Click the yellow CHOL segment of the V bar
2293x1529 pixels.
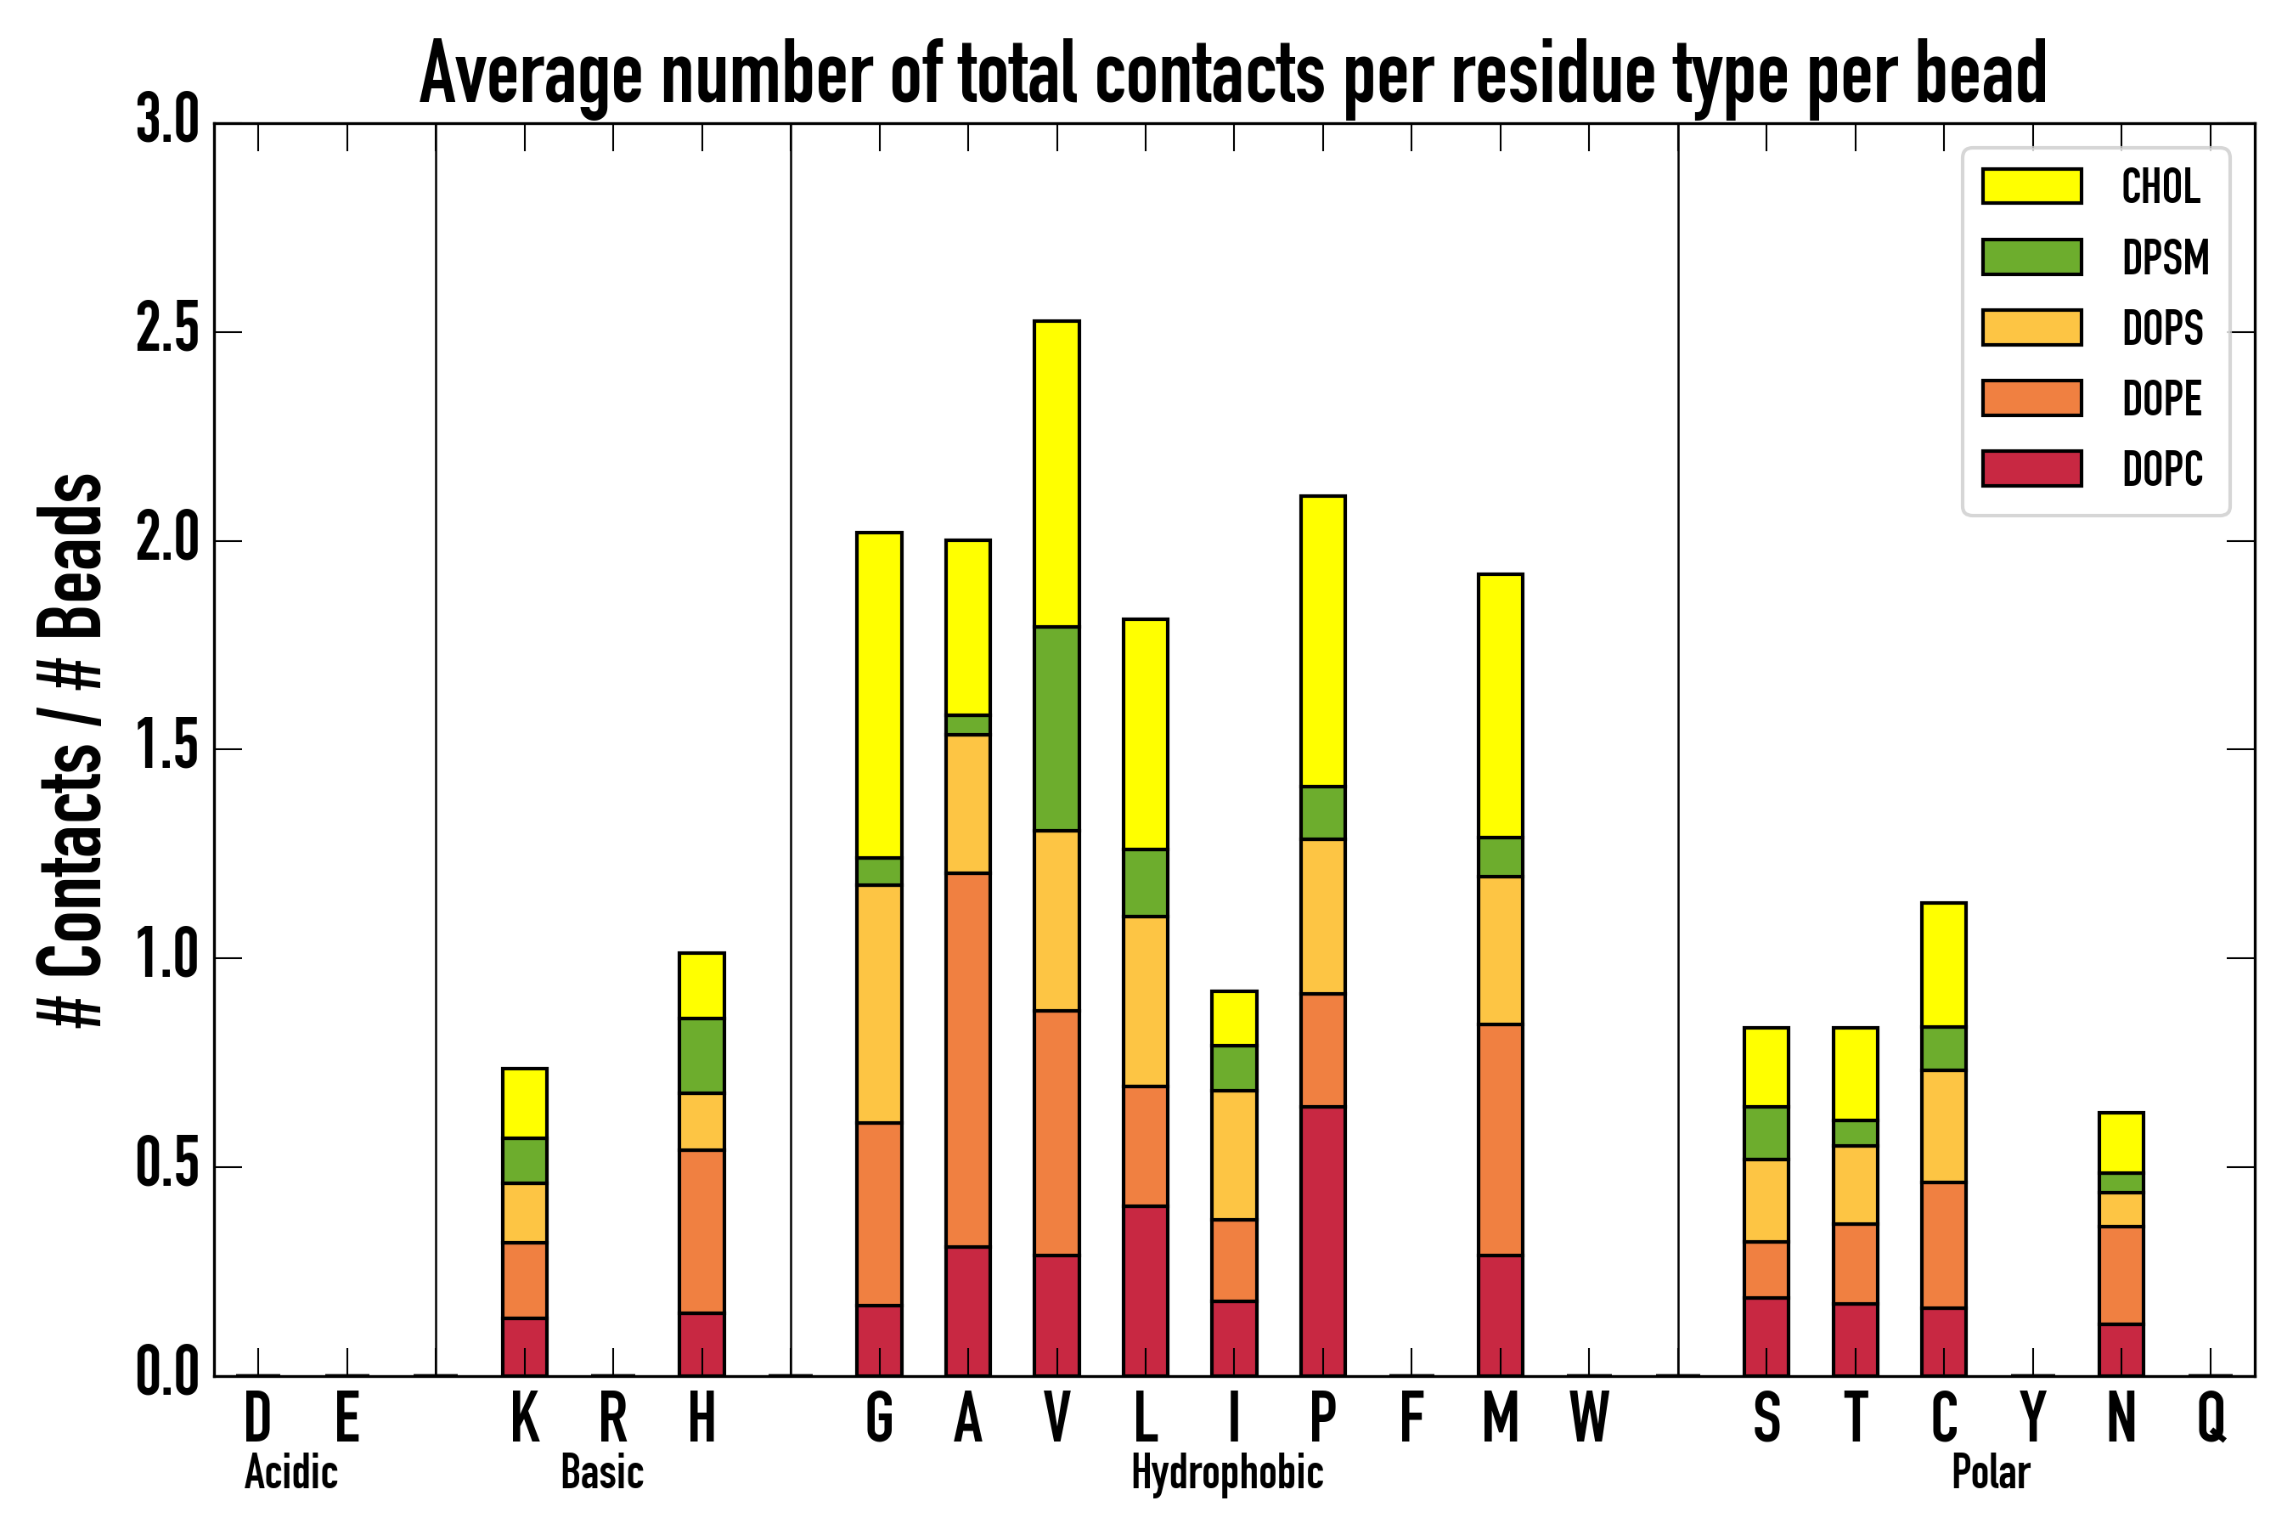click(1056, 474)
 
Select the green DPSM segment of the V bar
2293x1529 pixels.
click(1056, 729)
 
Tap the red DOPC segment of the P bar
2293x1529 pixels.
click(1322, 1240)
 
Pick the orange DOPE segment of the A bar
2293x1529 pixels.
click(967, 1059)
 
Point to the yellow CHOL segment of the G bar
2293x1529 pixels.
click(878, 695)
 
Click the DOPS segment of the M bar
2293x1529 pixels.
click(1500, 950)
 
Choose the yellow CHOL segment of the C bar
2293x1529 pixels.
click(1943, 964)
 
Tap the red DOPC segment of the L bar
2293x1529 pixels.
click(1145, 1290)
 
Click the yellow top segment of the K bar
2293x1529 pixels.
click(525, 1103)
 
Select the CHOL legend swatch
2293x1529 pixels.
click(2031, 186)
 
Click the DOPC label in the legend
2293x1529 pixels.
click(2161, 469)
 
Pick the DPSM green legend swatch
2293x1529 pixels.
click(2031, 257)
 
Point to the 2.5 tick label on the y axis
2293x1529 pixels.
click(166, 331)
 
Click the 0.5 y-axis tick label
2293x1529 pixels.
click(166, 1165)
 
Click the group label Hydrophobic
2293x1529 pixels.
click(1226, 1472)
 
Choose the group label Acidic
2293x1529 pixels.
click(290, 1472)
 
